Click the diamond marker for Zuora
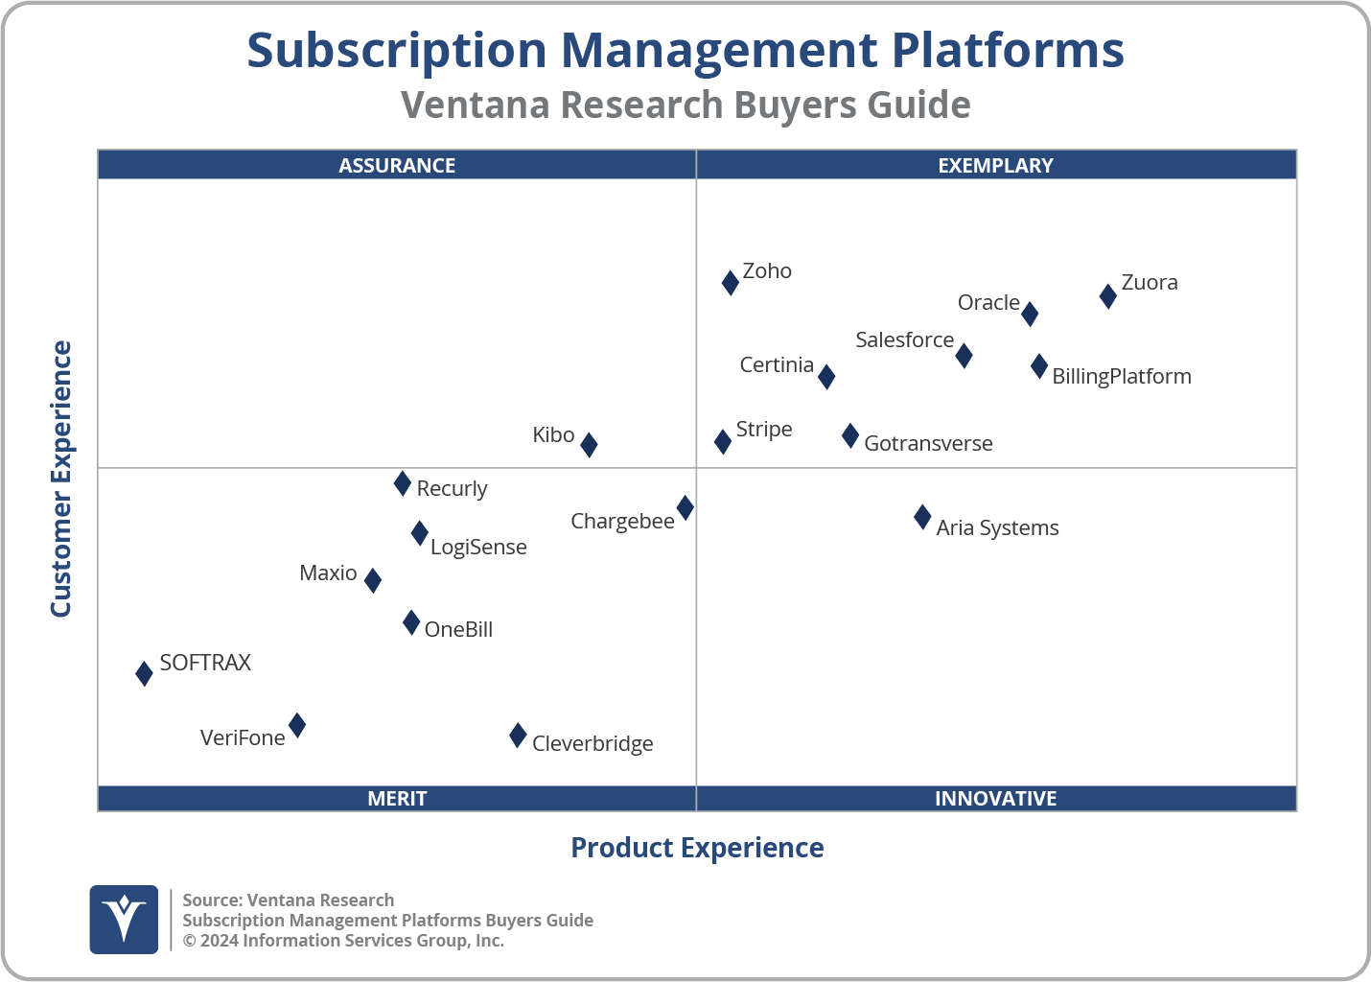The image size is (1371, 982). (x=1107, y=295)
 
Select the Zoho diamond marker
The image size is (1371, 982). (x=730, y=282)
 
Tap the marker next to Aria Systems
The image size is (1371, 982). (x=922, y=518)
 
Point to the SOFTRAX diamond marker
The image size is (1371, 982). (x=144, y=673)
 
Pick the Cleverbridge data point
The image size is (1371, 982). (x=518, y=736)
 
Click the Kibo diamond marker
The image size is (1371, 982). (x=589, y=444)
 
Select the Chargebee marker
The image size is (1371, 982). (x=685, y=507)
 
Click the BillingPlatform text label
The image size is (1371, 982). (x=1121, y=377)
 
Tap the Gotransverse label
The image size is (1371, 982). (x=928, y=444)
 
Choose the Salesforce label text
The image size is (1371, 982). (x=904, y=340)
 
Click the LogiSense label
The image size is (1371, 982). (x=478, y=548)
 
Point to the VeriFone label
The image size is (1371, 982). (x=243, y=738)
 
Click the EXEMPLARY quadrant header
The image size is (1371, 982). (x=995, y=165)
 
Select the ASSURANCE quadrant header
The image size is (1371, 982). (x=397, y=165)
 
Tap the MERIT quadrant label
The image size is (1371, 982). (x=397, y=798)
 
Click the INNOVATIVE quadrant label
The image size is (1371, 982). (x=995, y=798)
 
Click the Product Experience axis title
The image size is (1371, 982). (x=697, y=848)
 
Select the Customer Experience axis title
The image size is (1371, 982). (x=61, y=479)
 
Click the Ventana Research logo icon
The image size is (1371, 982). (x=124, y=919)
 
